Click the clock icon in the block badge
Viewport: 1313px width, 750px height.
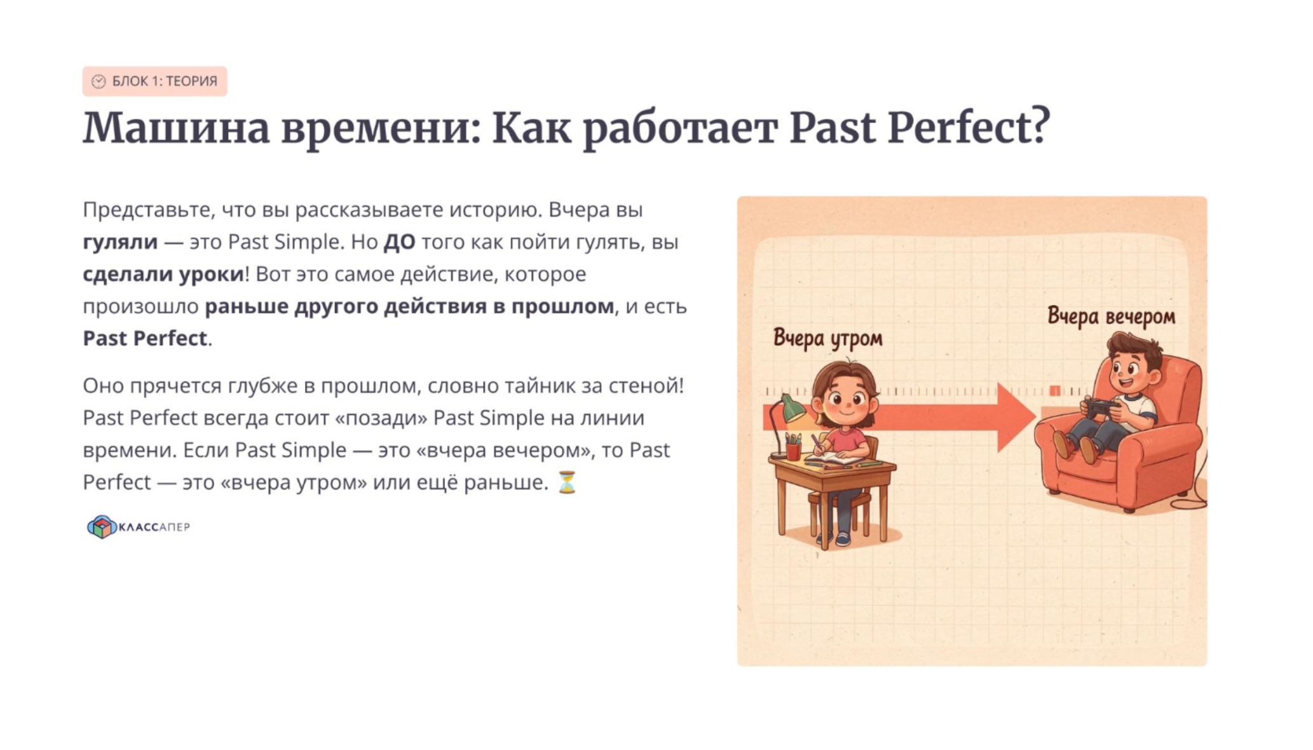99,81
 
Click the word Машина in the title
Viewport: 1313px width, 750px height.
176,128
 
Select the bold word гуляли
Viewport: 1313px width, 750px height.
120,242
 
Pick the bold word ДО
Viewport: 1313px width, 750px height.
399,242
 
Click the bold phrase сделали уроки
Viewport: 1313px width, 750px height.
163,275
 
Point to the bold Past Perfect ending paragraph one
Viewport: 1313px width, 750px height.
145,338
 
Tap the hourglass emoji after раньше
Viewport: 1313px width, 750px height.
566,482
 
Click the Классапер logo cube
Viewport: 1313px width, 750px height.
102,527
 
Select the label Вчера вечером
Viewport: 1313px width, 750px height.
1111,317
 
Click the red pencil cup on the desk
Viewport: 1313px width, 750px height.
793,449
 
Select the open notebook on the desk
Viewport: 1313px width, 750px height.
834,458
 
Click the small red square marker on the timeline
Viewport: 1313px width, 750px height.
1055,390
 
